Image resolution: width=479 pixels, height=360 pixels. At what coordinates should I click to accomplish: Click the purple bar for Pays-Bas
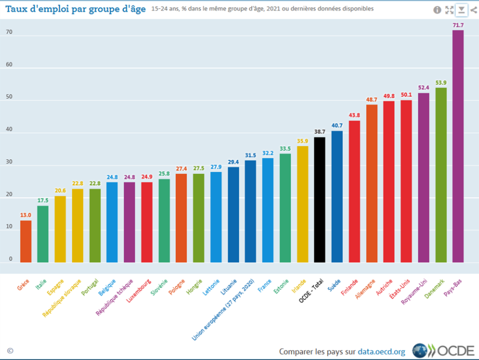(x=458, y=146)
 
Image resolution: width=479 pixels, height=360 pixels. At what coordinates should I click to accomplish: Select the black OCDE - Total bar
(x=320, y=200)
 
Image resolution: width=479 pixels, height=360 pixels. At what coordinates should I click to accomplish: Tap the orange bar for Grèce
(x=25, y=241)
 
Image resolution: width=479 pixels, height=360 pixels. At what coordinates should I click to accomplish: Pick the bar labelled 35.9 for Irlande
(x=303, y=204)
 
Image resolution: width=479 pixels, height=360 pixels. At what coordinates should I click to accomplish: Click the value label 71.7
(x=458, y=25)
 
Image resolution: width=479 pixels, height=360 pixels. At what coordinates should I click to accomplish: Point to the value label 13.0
(x=25, y=215)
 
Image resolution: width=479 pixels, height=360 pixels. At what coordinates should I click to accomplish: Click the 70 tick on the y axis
(x=9, y=33)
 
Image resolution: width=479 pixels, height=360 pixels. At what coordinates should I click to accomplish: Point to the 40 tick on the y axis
(x=9, y=133)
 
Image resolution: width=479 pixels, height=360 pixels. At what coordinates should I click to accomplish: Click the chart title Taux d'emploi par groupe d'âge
(x=75, y=9)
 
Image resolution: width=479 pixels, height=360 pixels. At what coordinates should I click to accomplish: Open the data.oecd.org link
(x=382, y=351)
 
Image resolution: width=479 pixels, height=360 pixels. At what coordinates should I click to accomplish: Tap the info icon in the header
(x=437, y=10)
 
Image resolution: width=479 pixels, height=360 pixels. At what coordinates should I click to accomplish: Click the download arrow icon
(x=462, y=10)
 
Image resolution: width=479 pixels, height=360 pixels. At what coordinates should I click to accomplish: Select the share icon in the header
(x=473, y=10)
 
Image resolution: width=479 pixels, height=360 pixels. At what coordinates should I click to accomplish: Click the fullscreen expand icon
(x=449, y=10)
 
